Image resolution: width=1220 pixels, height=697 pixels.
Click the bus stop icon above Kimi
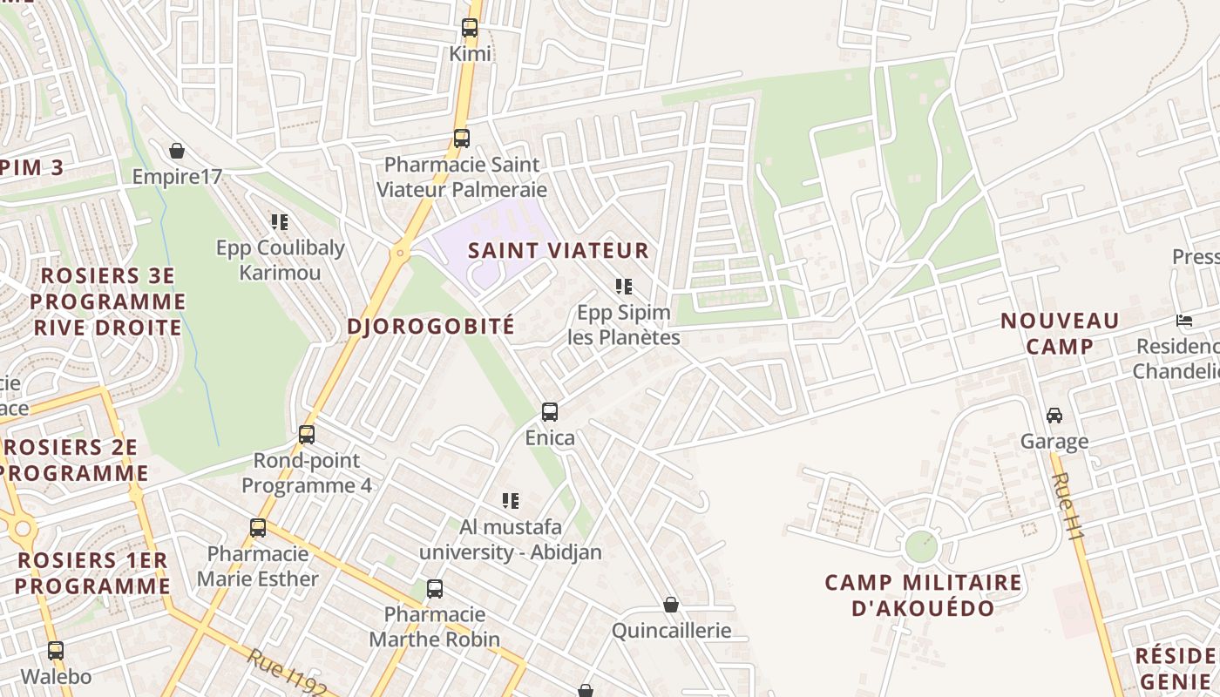[x=470, y=28]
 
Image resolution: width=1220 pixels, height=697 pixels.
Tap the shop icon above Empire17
[x=177, y=151]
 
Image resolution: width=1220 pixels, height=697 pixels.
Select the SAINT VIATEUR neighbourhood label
[x=559, y=251]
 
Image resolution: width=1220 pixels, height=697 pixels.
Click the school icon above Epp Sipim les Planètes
[x=623, y=286]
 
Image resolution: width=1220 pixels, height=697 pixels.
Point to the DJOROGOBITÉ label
[x=431, y=327]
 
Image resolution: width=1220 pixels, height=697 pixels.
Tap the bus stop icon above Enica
[x=550, y=412]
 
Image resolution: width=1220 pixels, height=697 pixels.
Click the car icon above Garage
[x=1054, y=416]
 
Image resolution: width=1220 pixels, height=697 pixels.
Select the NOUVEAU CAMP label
[x=1060, y=334]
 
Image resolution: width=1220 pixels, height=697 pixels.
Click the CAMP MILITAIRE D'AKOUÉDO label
[x=923, y=595]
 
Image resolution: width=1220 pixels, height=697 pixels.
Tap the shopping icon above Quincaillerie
[x=671, y=605]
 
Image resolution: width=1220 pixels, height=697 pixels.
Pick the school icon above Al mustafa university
[x=511, y=501]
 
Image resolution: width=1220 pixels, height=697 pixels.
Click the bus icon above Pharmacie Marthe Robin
[x=435, y=589]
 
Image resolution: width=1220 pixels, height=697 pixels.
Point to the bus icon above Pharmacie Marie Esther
[x=258, y=528]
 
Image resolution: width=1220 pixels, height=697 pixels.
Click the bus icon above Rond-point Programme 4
[x=307, y=434]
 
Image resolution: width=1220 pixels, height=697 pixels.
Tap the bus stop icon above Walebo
[x=56, y=651]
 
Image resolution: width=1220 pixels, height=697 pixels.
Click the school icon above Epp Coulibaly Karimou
[x=279, y=222]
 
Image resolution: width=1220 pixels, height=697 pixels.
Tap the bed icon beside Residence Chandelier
[x=1183, y=321]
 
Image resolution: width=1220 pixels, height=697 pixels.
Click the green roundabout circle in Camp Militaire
[x=920, y=546]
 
